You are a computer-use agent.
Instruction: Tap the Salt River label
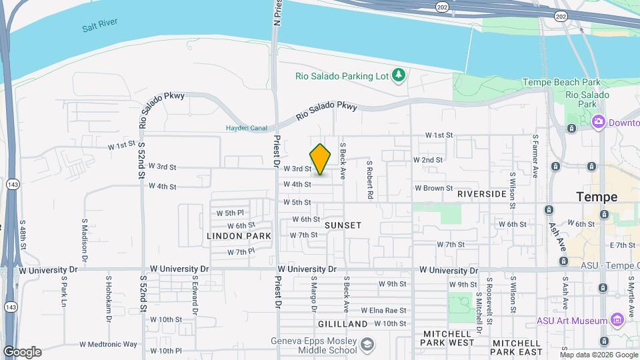[100, 27]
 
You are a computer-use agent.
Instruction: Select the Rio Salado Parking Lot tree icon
[399, 75]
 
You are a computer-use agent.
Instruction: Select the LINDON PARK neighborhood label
[239, 236]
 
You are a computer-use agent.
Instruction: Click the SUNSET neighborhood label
[343, 225]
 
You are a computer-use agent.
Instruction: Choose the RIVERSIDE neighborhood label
[482, 194]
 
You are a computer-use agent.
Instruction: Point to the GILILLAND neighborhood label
[342, 324]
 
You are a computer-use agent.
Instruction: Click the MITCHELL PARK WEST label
[447, 338]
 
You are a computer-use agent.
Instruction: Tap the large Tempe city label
[597, 197]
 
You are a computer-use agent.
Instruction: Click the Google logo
[22, 351]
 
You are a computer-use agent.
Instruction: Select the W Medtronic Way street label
[108, 345]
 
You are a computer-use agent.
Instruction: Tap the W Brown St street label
[433, 188]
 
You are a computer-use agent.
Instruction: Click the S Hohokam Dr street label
[107, 297]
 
